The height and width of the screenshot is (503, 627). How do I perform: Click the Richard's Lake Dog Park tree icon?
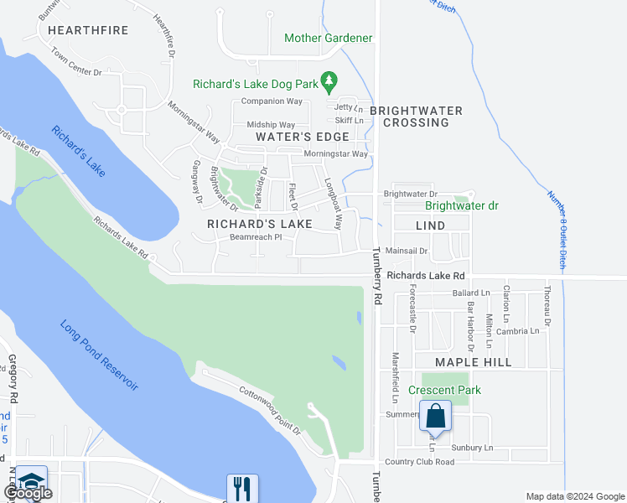tap(330, 81)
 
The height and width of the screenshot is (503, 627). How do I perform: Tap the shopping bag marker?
tap(435, 416)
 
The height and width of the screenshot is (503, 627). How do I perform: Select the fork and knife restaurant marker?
tap(242, 488)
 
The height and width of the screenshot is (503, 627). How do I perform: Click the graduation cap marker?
tap(31, 481)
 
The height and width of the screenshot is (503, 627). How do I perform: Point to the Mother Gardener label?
tap(328, 39)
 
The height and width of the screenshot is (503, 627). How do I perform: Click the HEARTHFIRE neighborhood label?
tap(88, 30)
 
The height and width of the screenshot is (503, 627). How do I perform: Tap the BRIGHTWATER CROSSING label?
tap(416, 117)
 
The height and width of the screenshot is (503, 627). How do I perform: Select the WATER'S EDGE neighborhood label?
tap(302, 137)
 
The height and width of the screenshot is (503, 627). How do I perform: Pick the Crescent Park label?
tap(444, 390)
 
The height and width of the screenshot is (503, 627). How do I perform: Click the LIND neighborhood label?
tap(430, 226)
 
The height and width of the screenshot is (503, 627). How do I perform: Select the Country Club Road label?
tap(419, 462)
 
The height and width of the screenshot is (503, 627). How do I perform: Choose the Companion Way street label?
tap(271, 101)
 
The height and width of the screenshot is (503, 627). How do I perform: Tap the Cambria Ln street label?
tap(517, 331)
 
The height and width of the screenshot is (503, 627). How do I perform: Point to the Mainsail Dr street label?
tap(407, 251)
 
